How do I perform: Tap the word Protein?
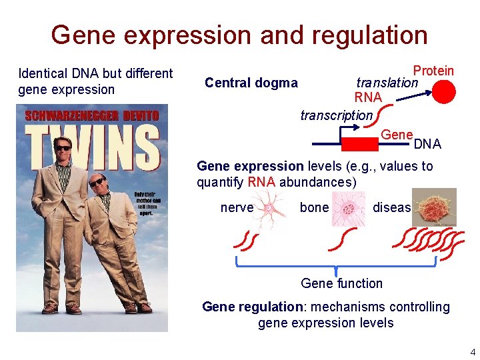pos(433,71)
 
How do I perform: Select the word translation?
pos(387,83)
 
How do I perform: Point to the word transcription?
pos(336,115)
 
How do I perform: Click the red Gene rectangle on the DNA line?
pos(360,143)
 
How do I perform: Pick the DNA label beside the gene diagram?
pos(427,144)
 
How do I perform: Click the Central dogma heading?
pos(251,83)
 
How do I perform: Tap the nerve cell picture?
pos(271,207)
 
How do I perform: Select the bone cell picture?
pos(347,207)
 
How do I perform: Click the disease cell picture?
pos(434,207)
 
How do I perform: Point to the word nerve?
pos(237,207)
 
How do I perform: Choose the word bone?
pos(314,207)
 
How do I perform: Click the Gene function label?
pos(341,283)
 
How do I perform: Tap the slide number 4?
pos(473,352)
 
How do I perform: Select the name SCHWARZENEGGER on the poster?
pos(63,115)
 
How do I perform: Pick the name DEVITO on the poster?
pos(136,115)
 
